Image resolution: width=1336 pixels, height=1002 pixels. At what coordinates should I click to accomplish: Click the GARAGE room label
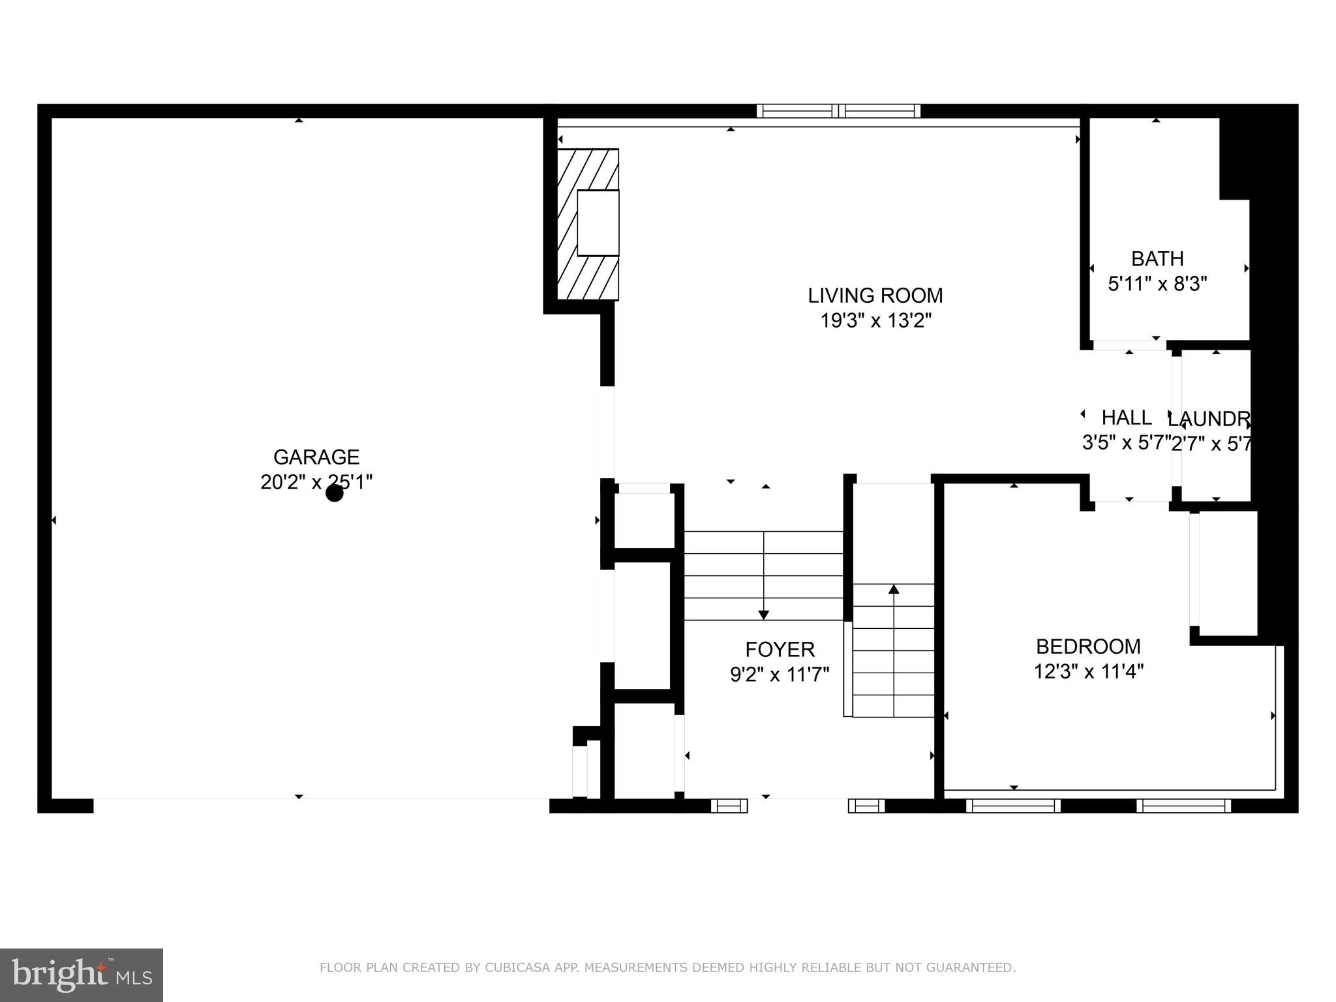pos(316,457)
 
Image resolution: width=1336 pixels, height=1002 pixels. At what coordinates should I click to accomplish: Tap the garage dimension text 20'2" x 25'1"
pos(316,482)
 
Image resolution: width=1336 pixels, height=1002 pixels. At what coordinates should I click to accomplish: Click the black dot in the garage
pos(335,493)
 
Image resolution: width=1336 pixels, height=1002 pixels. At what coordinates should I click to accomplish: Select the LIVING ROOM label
pos(875,296)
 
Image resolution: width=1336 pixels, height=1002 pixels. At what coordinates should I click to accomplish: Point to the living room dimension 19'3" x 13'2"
pos(875,321)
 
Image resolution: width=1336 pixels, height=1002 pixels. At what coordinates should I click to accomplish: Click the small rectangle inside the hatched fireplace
pos(598,223)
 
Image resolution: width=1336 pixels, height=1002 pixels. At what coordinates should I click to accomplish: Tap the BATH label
pos(1157,259)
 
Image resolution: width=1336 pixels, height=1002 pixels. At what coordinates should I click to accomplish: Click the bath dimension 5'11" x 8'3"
pos(1157,284)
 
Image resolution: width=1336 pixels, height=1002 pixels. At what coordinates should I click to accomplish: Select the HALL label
pos(1127,417)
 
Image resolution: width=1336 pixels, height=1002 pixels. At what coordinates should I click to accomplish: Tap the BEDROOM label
pos(1088,646)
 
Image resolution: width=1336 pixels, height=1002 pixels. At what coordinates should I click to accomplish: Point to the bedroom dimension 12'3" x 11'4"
pos(1088,671)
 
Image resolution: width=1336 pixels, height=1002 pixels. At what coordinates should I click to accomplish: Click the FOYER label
pos(780,650)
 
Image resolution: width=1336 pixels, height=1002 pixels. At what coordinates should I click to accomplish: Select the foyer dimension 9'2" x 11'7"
pos(780,675)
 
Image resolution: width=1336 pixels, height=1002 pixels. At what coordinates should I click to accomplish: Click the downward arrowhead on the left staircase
pos(763,615)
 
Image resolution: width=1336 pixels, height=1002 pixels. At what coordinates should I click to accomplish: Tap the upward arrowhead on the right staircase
pos(894,590)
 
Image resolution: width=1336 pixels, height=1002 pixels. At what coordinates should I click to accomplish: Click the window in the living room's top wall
pos(838,111)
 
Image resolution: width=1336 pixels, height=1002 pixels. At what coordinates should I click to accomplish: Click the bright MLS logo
pos(82,975)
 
